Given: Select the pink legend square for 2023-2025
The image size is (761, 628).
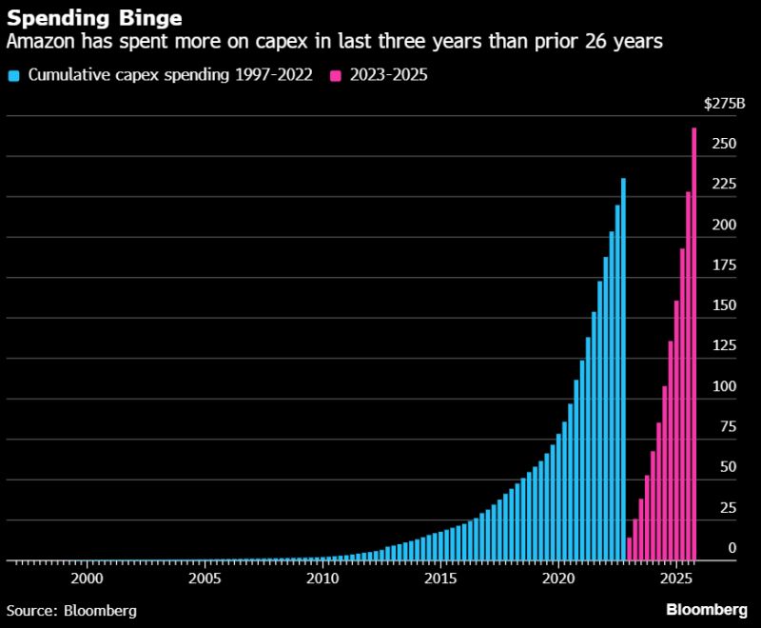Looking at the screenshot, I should (x=335, y=75).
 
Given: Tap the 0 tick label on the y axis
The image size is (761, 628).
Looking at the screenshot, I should (x=732, y=548).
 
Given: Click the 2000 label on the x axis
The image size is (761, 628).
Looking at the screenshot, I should (x=88, y=578).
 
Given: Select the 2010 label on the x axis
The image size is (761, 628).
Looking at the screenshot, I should (x=322, y=578).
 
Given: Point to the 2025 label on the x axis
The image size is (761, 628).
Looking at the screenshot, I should (x=676, y=578).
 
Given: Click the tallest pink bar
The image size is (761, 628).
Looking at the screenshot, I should (x=694, y=343).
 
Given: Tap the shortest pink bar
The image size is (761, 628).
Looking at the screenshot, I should (x=630, y=549).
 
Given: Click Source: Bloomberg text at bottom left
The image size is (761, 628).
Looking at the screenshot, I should (x=71, y=610).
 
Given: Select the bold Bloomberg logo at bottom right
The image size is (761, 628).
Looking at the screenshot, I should (x=707, y=609).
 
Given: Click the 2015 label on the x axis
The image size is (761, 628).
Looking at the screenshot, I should (x=440, y=578).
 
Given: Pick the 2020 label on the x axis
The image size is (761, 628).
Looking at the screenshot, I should (x=558, y=578).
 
